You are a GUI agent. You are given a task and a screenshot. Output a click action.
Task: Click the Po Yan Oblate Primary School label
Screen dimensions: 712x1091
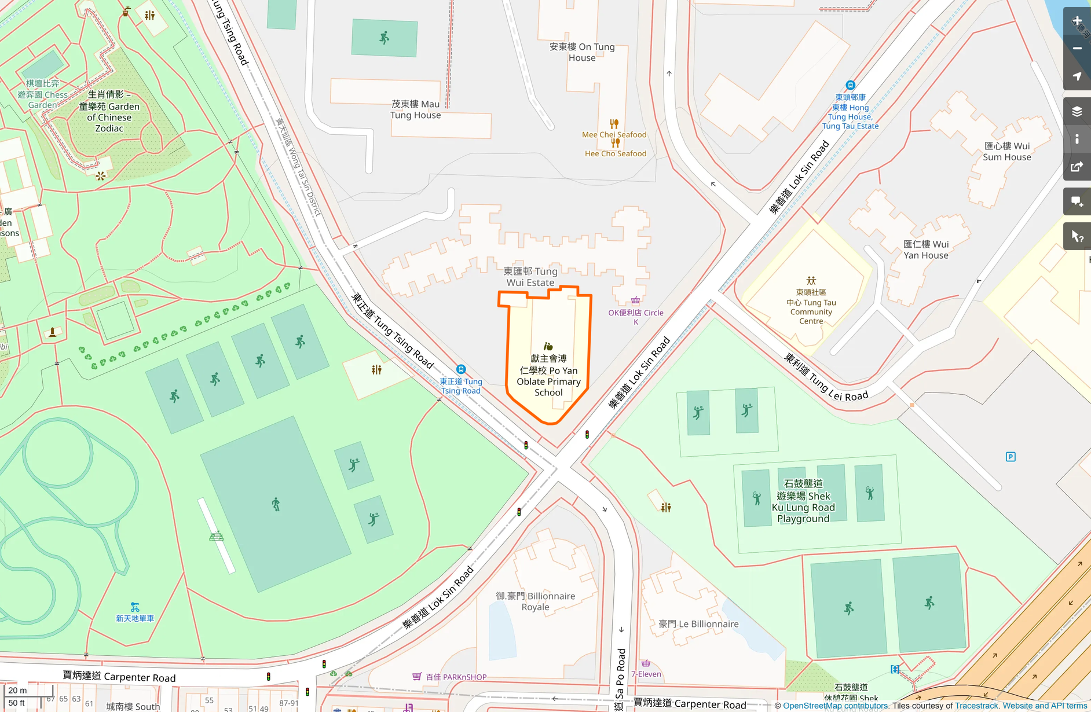point(548,376)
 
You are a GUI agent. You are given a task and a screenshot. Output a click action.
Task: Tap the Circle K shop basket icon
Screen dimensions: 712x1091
point(635,300)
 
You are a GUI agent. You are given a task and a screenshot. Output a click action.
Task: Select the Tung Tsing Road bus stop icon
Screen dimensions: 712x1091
point(461,369)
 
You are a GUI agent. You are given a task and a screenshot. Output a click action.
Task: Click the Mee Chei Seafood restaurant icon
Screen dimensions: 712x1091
point(614,124)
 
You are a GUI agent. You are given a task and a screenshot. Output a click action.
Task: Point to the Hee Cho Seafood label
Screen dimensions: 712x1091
point(615,153)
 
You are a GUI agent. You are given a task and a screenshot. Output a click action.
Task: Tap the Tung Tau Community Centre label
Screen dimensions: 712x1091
point(811,307)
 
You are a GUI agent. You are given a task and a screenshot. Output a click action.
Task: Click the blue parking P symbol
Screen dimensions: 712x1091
point(1011,457)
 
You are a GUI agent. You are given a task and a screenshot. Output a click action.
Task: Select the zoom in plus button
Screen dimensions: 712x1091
point(1077,21)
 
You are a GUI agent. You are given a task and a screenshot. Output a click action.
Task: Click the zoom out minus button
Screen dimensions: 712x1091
point(1077,49)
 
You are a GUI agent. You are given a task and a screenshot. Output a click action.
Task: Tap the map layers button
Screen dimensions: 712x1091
point(1077,112)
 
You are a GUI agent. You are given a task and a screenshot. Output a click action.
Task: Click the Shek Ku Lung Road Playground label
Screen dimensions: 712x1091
point(803,501)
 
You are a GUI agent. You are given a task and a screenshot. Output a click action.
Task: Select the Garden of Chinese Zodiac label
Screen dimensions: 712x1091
point(109,112)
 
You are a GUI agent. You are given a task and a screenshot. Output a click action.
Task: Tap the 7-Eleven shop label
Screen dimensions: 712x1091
point(646,674)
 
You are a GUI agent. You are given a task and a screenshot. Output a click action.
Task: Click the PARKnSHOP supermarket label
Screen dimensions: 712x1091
point(456,677)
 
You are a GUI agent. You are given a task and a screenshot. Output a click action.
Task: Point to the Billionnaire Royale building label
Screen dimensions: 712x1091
point(535,601)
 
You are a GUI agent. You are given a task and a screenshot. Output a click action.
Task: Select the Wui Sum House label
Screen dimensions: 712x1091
point(1007,151)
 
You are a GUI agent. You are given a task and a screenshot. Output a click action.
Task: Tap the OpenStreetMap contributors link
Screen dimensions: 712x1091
point(835,706)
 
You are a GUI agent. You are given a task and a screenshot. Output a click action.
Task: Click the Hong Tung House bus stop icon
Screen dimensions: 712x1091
point(850,85)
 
